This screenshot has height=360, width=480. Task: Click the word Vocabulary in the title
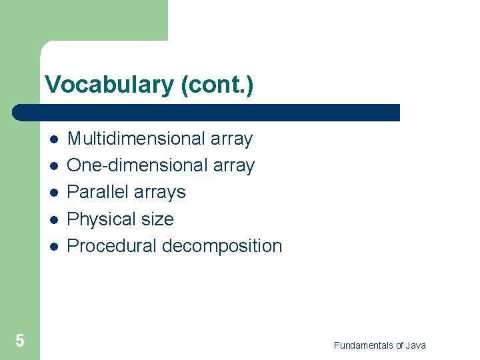click(x=109, y=85)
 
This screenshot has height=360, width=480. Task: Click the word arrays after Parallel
click(x=160, y=193)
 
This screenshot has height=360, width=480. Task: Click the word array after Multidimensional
click(x=231, y=139)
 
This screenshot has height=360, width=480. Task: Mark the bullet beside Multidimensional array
click(x=53, y=139)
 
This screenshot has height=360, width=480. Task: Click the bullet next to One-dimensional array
click(x=53, y=166)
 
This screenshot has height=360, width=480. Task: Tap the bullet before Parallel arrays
click(x=53, y=193)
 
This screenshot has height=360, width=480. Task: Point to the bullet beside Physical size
click(x=53, y=219)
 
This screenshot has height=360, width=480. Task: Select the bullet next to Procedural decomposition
click(x=53, y=246)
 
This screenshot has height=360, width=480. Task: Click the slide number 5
click(x=20, y=341)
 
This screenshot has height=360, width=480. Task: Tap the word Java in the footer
click(x=415, y=345)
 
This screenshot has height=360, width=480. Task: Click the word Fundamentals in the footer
click(x=364, y=345)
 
